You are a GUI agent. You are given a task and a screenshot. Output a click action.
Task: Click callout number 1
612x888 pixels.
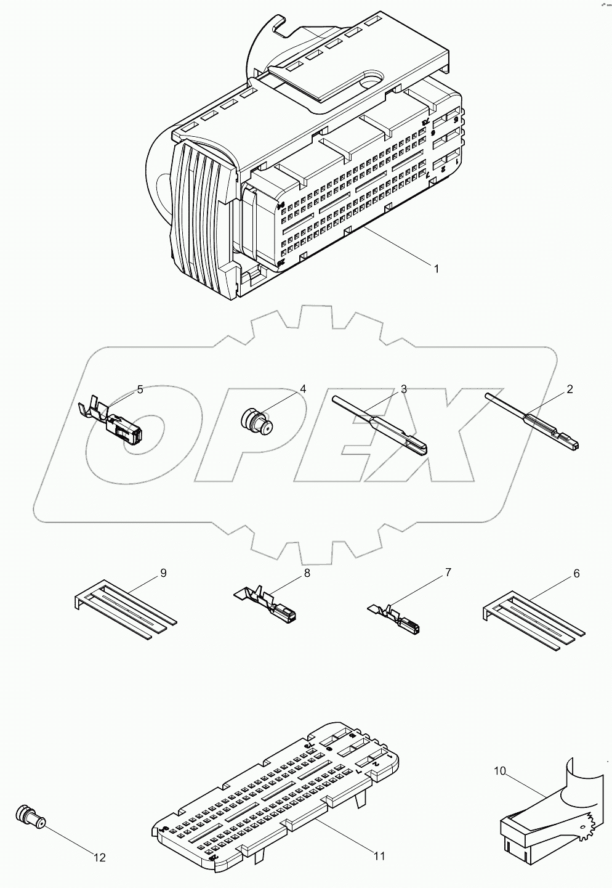(436, 269)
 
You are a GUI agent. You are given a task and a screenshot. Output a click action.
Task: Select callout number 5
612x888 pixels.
(140, 389)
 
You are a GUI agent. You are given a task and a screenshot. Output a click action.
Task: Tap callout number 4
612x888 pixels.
(303, 389)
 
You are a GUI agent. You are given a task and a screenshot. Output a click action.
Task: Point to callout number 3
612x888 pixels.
(403, 389)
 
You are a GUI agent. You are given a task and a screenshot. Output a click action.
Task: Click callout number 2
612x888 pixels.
(570, 389)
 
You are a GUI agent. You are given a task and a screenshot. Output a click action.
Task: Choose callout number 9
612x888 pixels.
(163, 573)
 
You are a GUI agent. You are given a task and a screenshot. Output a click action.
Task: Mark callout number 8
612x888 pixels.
(306, 573)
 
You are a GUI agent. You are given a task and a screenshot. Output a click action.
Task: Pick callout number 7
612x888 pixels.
(448, 573)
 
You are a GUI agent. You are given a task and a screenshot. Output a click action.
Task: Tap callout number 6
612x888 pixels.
(576, 573)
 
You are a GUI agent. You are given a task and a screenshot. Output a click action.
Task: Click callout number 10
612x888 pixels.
(500, 770)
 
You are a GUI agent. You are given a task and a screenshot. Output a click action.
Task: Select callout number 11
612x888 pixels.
(379, 856)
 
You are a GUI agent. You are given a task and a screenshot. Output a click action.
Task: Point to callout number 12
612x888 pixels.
(99, 857)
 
